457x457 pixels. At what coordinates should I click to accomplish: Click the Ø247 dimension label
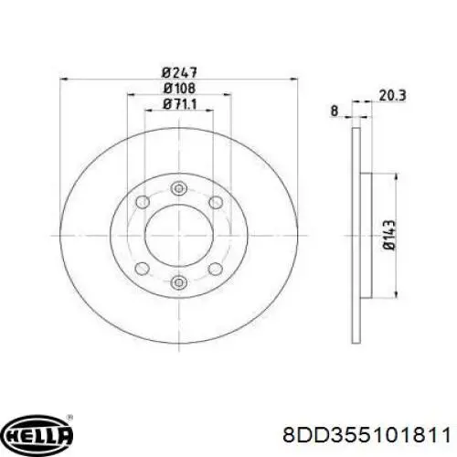[x=179, y=72]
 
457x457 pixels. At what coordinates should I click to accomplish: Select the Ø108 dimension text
[x=179, y=89]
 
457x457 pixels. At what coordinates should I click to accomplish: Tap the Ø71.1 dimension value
[x=180, y=104]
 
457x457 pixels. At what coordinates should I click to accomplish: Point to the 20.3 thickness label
[x=392, y=96]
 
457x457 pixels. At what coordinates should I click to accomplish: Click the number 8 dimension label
[x=335, y=111]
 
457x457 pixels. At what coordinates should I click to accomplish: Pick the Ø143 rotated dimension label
[x=389, y=235]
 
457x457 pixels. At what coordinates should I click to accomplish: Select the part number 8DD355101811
[x=367, y=435]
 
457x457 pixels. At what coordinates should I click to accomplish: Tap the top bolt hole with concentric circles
[x=179, y=188]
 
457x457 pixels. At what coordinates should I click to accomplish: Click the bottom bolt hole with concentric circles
[x=179, y=282]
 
